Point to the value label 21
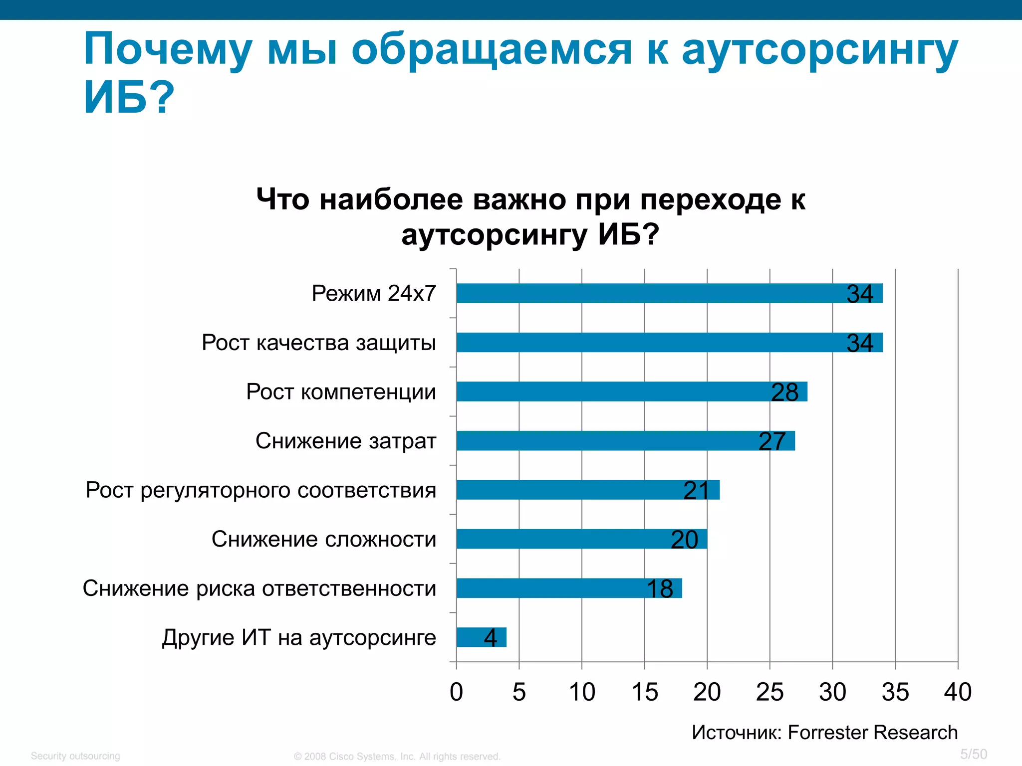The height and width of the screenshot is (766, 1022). pos(696,491)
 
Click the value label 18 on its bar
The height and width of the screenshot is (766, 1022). pos(660,589)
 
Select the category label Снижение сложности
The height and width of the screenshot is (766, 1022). pos(324,539)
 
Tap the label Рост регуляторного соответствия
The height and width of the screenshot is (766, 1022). pos(261,490)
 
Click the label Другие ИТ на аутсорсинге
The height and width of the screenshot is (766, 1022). pos(299,637)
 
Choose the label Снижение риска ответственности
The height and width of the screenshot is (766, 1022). pos(259,588)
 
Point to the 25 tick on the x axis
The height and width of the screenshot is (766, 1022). pos(769,692)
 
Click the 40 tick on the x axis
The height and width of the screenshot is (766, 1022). pos(958,692)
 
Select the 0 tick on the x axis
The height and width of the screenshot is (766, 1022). pos(456,692)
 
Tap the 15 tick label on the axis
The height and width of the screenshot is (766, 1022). pos(644,692)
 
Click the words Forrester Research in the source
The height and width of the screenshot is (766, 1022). pos(872,733)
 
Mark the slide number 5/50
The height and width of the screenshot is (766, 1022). pos(974,754)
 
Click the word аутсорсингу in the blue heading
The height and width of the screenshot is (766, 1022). pos(819,50)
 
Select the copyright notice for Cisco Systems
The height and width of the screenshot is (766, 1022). pos(397,757)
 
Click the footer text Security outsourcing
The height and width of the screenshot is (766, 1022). pos(75,756)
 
